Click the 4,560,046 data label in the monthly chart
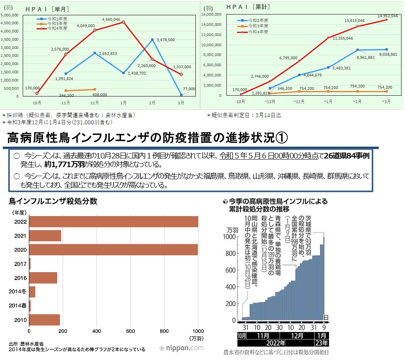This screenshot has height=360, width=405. point(111,19)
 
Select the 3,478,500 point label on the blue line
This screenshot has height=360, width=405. point(166,40)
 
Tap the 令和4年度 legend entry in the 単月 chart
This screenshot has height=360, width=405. point(57,29)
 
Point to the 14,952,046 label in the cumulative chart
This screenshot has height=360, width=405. point(388,16)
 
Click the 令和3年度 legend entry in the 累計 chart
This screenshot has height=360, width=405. point(258,26)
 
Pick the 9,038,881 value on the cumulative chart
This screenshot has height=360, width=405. point(388,54)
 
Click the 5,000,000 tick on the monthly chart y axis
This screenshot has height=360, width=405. point(9,15)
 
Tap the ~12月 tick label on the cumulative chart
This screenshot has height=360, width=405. point(299,102)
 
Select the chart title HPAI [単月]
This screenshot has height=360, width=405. point(47,9)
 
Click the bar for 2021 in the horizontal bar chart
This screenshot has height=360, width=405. point(45,236)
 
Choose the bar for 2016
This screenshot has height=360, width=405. point(43,278)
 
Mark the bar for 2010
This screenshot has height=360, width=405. point(44,320)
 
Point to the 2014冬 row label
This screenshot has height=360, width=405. point(18,292)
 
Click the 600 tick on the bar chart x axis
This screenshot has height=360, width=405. point(130,331)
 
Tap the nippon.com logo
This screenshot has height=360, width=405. point(182,348)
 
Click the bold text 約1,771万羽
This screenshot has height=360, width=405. point(64,164)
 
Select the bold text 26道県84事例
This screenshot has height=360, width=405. point(347,156)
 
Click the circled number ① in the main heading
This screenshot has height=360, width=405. point(282,138)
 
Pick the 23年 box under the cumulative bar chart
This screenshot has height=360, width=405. point(322,343)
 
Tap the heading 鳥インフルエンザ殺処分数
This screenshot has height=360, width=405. point(53,201)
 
